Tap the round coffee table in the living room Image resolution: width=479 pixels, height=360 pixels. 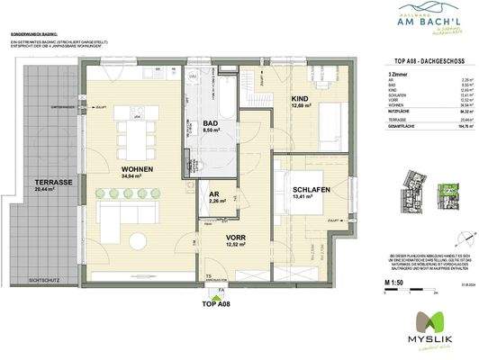click(x=136, y=240)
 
